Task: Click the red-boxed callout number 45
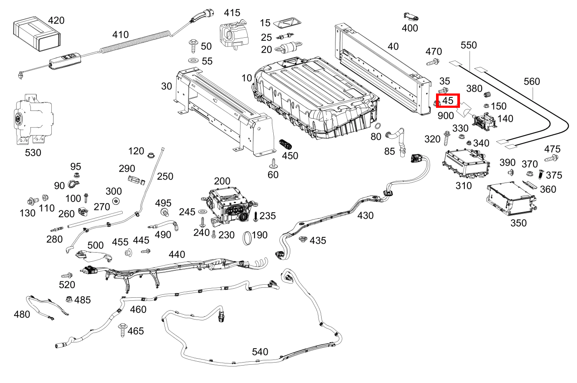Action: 448,101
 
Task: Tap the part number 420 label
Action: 56,20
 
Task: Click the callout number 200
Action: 222,181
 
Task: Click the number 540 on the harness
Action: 260,351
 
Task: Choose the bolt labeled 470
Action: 432,62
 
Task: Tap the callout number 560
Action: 531,81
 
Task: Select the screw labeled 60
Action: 273,163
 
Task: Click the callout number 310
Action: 463,186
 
